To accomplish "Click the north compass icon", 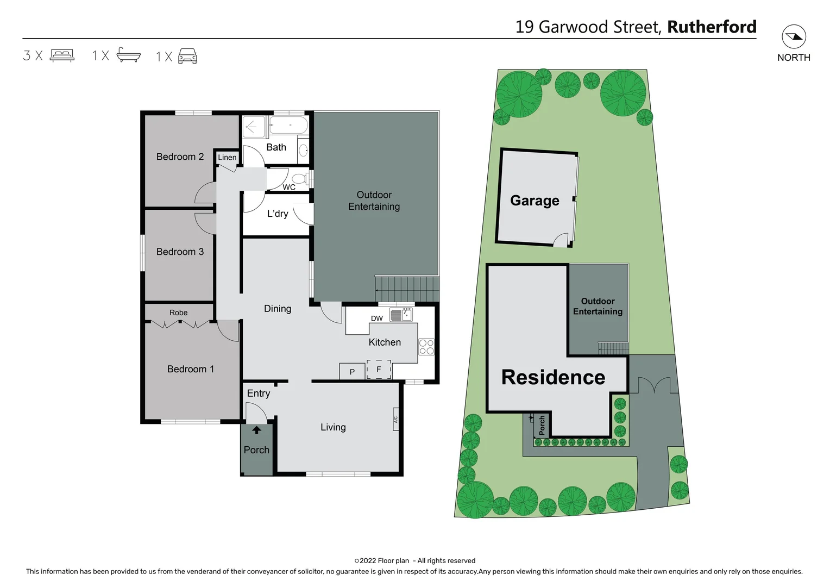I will click(x=794, y=37).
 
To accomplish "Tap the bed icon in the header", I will click(x=62, y=55).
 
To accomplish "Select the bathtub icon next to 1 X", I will click(x=129, y=55).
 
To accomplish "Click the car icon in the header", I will click(x=187, y=55).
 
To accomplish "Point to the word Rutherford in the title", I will click(x=712, y=27).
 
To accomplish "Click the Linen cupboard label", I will click(x=227, y=158).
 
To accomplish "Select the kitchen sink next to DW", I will click(x=401, y=315).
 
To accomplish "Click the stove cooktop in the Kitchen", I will click(x=426, y=347).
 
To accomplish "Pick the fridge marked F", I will click(x=379, y=370).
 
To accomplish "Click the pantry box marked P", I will click(x=352, y=372).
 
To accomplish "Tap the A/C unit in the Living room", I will click(x=396, y=419).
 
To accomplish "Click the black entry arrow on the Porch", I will click(x=256, y=430).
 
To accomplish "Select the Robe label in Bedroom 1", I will click(x=178, y=313).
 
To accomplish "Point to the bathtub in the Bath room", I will click(x=289, y=126).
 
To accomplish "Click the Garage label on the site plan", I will click(x=535, y=201).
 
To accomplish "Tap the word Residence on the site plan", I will click(x=553, y=377).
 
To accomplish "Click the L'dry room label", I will click(x=278, y=214).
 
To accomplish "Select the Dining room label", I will click(x=278, y=309).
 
